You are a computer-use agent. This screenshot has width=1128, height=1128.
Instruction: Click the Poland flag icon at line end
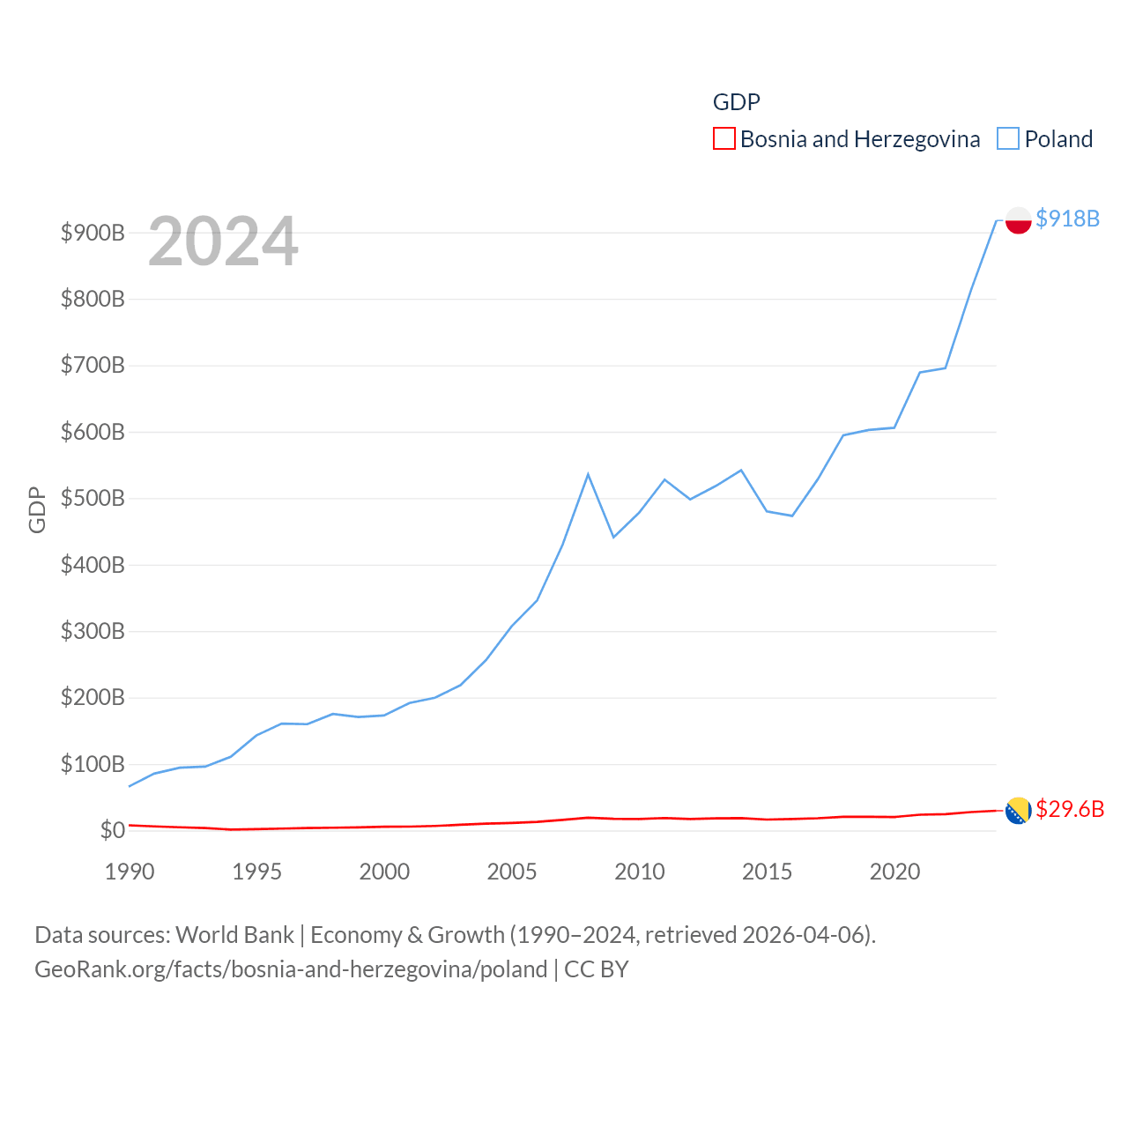pyautogui.click(x=1018, y=220)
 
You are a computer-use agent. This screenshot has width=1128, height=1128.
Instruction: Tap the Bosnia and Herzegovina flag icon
pyautogui.click(x=1018, y=810)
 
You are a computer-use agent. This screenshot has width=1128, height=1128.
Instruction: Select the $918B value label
pyautogui.click(x=1067, y=219)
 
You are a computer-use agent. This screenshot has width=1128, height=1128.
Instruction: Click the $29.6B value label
pyautogui.click(x=1069, y=809)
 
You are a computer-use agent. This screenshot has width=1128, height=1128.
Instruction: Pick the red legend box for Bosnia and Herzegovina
pyautogui.click(x=724, y=139)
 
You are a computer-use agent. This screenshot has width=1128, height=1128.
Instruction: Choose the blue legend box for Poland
pyautogui.click(x=1008, y=139)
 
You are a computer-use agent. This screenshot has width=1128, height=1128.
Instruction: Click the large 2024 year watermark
pyautogui.click(x=223, y=241)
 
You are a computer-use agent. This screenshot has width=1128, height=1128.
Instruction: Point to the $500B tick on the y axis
pyautogui.click(x=93, y=499)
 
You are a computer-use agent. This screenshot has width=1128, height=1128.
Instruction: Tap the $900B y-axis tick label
pyautogui.click(x=93, y=233)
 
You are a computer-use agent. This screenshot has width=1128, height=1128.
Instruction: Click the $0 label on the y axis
pyautogui.click(x=112, y=830)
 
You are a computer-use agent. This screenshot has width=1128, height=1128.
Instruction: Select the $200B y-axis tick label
pyautogui.click(x=93, y=698)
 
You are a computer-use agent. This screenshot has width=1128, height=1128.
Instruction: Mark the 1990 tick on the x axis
pyautogui.click(x=130, y=872)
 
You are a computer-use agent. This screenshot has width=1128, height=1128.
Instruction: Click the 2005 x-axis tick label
pyautogui.click(x=512, y=872)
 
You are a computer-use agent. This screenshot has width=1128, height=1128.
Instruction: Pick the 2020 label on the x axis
pyautogui.click(x=894, y=872)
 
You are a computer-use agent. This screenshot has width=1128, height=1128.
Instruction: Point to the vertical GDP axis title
pyautogui.click(x=37, y=509)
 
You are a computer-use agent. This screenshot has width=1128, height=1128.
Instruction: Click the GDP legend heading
pyautogui.click(x=736, y=102)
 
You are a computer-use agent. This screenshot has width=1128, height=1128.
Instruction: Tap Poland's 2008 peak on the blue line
pyautogui.click(x=588, y=474)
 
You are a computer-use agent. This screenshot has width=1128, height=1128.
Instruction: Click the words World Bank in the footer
pyautogui.click(x=234, y=935)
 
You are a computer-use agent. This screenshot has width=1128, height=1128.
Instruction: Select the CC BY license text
pyautogui.click(x=597, y=969)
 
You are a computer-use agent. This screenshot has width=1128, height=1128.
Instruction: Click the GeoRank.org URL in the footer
pyautogui.click(x=291, y=969)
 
